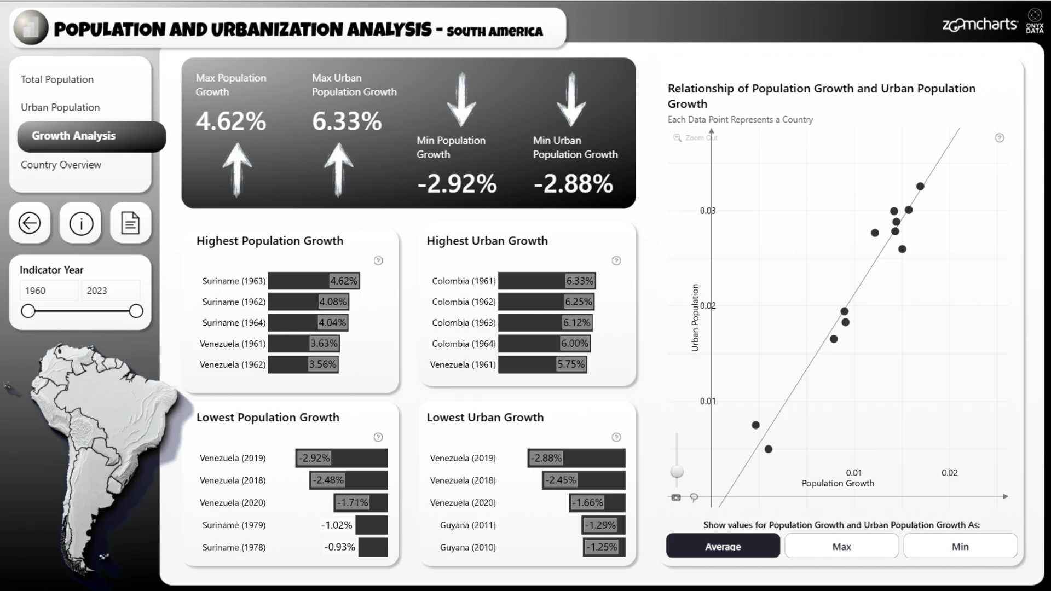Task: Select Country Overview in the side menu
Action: point(61,165)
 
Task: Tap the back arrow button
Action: point(30,223)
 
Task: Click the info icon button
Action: point(81,223)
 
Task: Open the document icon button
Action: point(130,223)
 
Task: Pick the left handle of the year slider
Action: point(28,311)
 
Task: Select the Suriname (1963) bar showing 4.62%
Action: point(314,281)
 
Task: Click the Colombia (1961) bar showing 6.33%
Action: point(547,281)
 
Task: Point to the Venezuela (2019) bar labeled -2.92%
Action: point(342,459)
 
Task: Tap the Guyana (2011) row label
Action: point(468,525)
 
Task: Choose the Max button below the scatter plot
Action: point(841,546)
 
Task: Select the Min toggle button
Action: point(960,546)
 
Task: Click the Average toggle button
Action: point(723,546)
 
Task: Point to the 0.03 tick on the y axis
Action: point(708,211)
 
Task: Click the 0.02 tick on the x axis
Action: point(950,473)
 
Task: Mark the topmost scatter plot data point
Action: point(920,187)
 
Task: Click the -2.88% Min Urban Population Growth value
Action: point(573,184)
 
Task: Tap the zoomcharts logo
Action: point(979,25)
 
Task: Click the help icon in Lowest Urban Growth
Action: point(616,437)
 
